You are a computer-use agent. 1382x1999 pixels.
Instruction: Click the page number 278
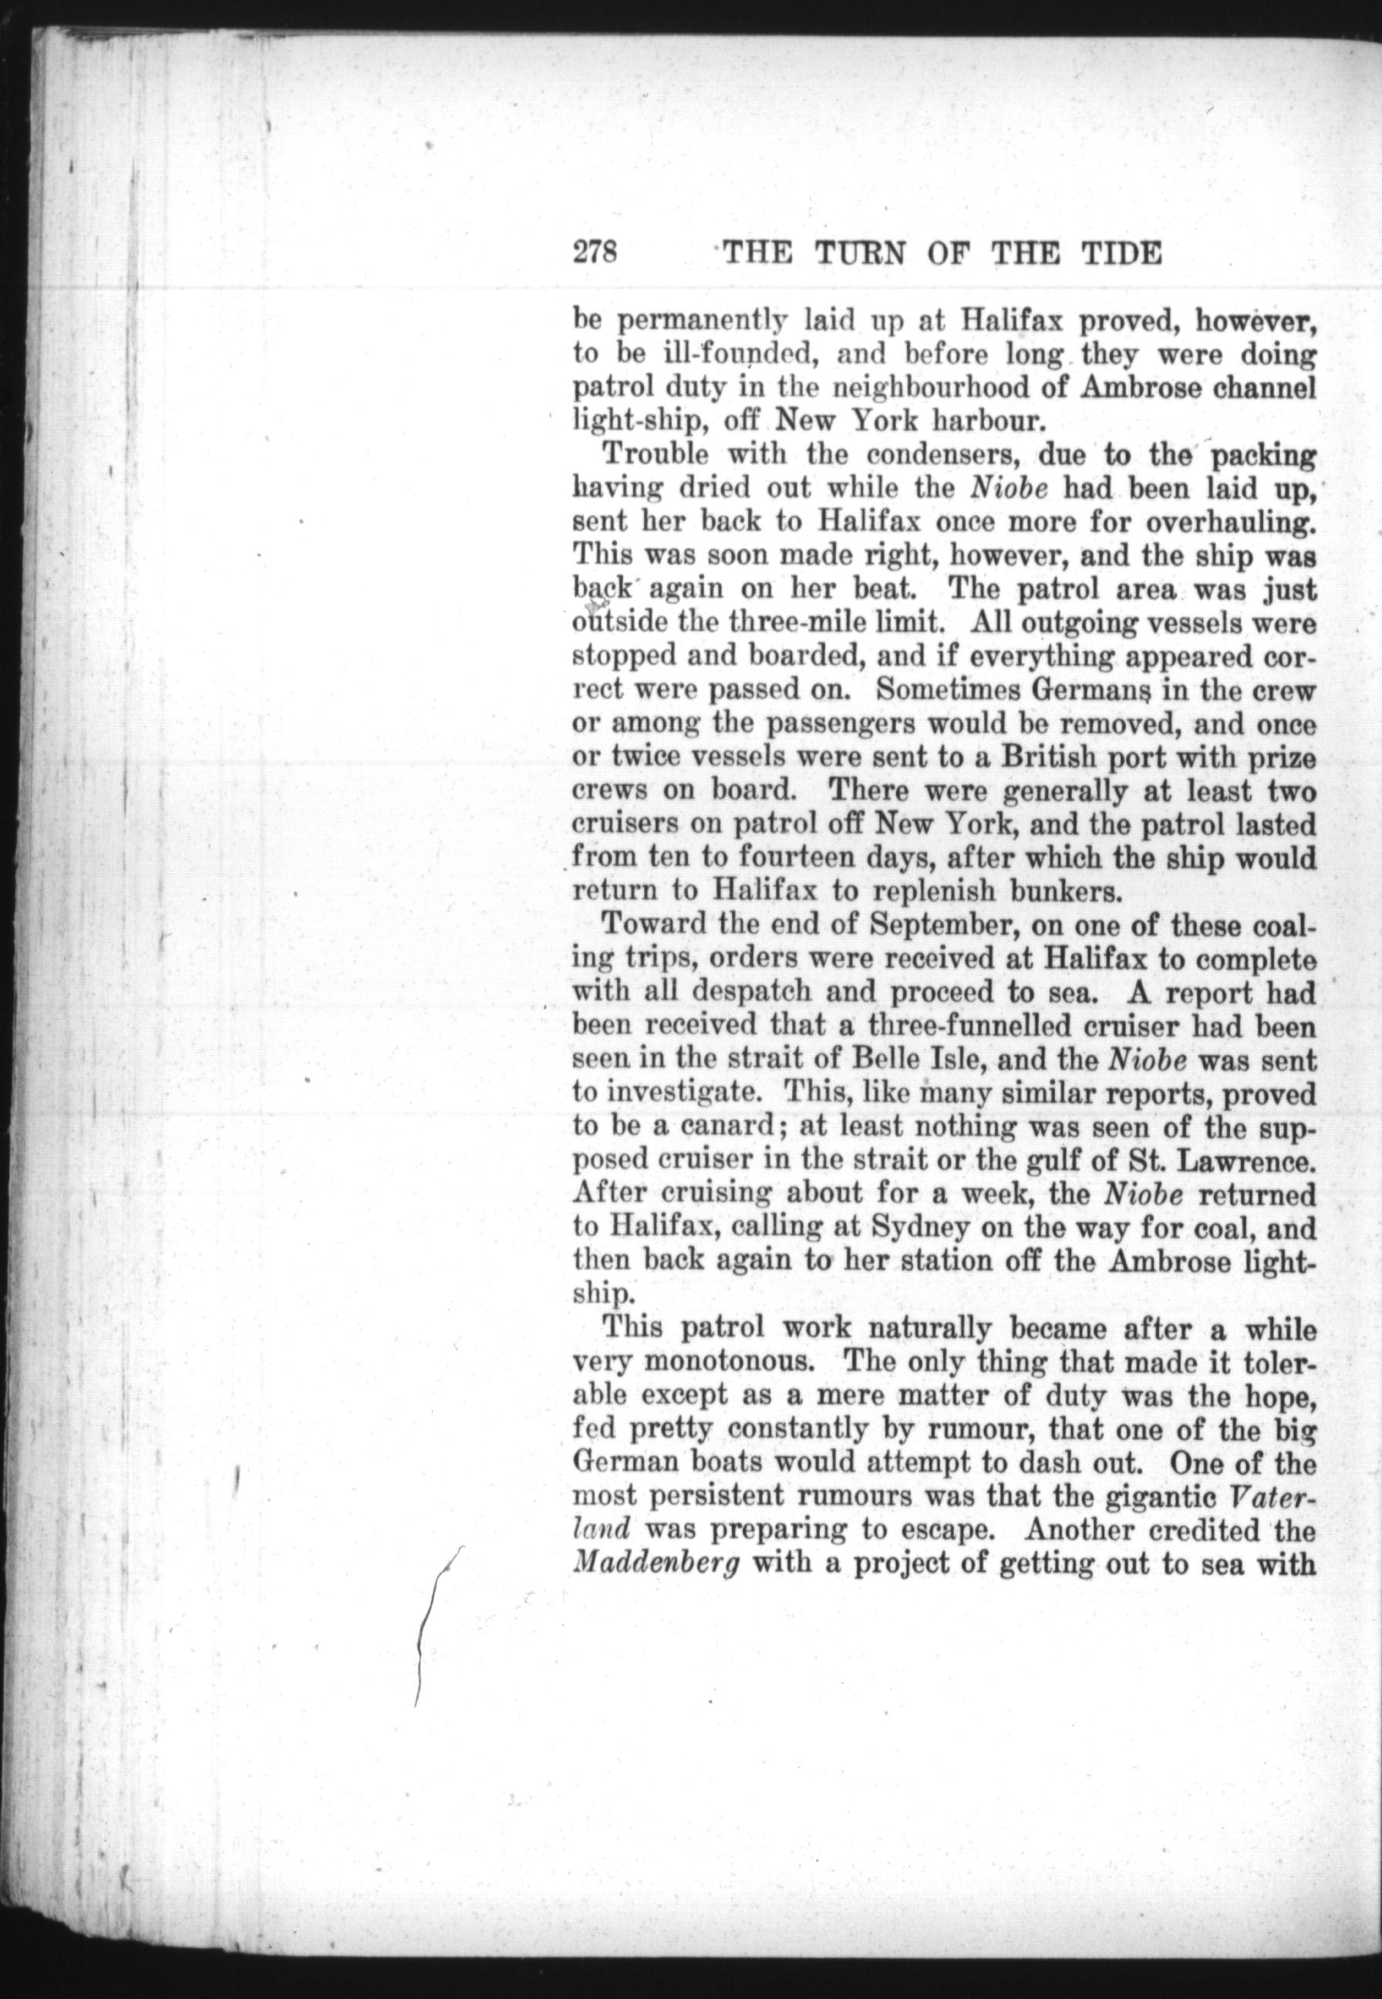pyautogui.click(x=593, y=253)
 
